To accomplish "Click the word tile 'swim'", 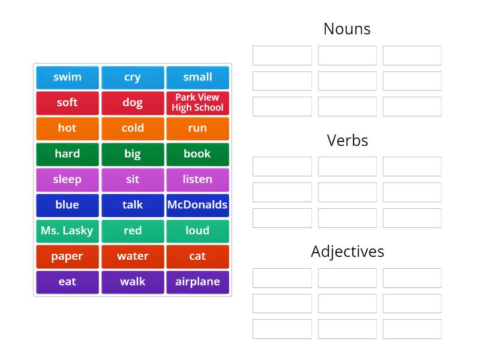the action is pos(67,77).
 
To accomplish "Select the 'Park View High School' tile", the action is pos(197,103).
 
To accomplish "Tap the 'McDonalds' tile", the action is pos(197,205).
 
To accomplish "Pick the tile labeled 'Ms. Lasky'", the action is pos(67,231).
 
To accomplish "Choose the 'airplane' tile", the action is pos(197,282).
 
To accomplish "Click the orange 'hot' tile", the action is pos(67,128).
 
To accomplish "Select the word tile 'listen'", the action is pos(197,179).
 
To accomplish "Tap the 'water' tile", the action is pos(133,257).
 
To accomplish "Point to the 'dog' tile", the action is pos(133,103).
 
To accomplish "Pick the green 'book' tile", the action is pos(197,154).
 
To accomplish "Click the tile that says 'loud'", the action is pos(197,231).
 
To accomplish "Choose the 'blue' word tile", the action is pos(67,205).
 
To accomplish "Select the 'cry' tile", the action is pos(133,77).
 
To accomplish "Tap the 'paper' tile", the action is pos(67,257).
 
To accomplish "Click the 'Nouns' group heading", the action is pos(347,29).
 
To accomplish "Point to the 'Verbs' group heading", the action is pos(347,140).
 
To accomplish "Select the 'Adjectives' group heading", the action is pos(347,251).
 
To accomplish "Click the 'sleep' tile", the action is pos(67,179).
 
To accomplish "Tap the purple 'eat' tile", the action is pos(67,282).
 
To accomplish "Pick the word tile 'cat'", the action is pos(197,257).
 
